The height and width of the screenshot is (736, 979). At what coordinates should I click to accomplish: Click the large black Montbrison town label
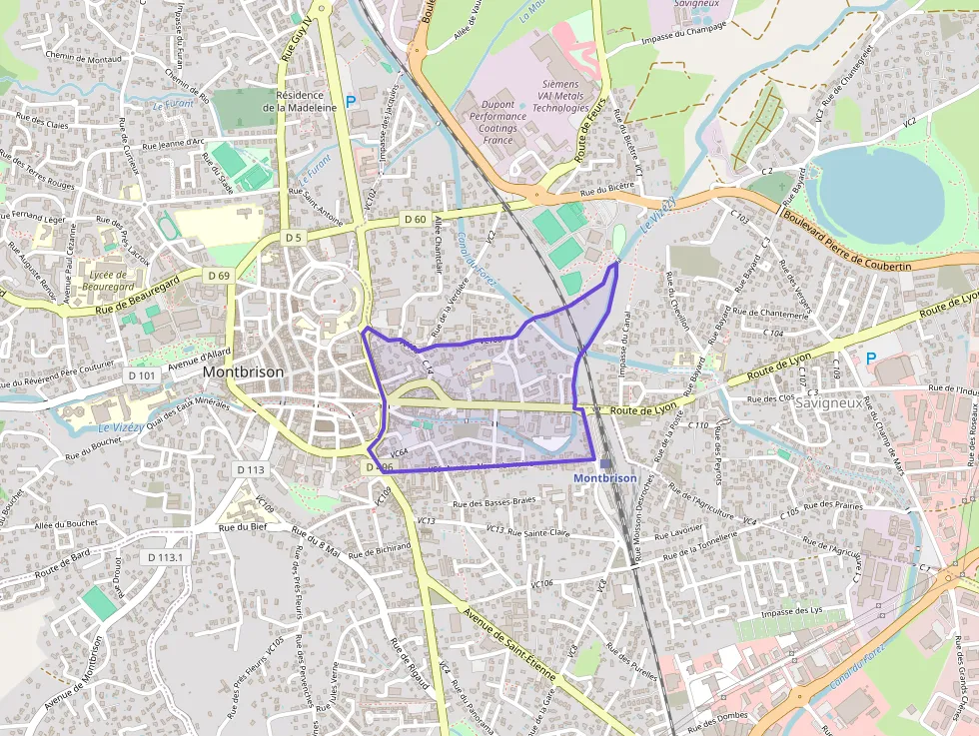[243, 371]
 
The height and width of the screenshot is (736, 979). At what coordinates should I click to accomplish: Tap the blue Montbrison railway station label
[604, 478]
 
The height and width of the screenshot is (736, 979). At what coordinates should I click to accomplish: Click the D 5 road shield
[292, 238]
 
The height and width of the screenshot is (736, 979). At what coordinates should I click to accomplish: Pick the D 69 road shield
[219, 275]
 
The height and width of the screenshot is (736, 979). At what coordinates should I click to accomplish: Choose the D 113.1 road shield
[165, 556]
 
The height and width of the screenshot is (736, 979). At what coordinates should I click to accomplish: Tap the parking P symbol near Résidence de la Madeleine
[350, 101]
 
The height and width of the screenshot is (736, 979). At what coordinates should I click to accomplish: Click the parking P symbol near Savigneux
[871, 358]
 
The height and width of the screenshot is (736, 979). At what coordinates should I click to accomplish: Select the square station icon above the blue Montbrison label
[605, 463]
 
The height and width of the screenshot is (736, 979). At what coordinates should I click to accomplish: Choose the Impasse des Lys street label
[790, 611]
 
